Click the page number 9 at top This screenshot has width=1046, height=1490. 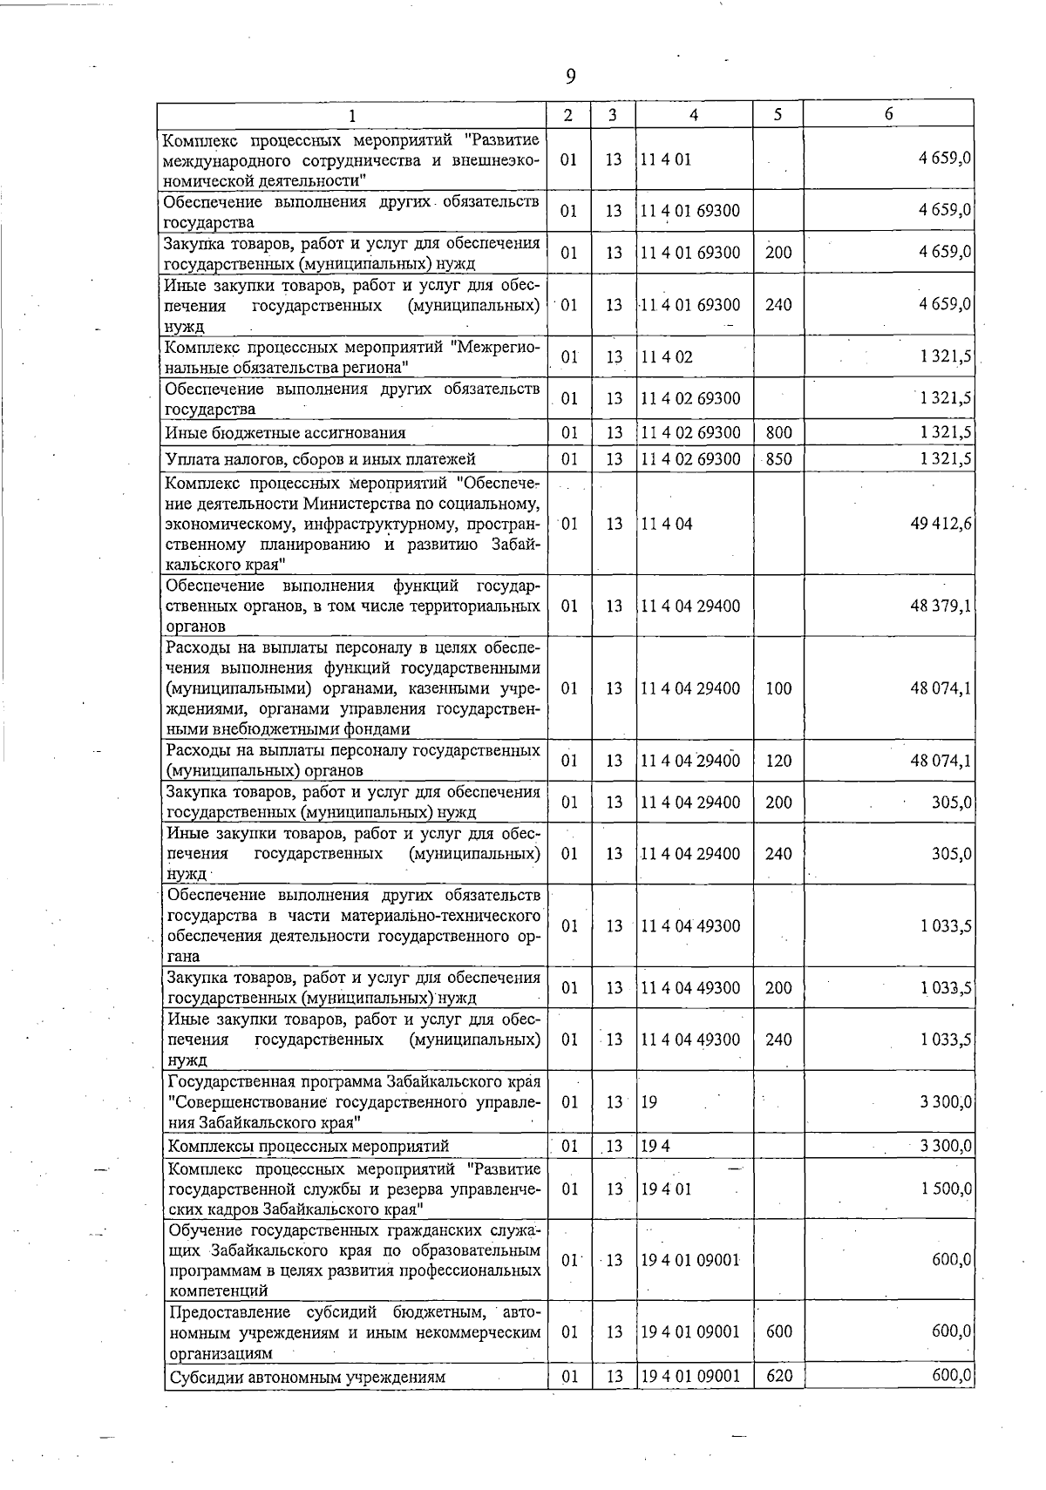tap(570, 78)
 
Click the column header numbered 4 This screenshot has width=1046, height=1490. tap(693, 114)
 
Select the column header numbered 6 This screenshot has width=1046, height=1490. tap(888, 114)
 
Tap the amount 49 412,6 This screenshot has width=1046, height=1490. tap(941, 524)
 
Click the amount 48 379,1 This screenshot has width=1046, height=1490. tap(941, 606)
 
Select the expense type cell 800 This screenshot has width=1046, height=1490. tap(778, 433)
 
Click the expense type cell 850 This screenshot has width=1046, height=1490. tap(778, 459)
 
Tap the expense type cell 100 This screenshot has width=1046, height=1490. tap(778, 688)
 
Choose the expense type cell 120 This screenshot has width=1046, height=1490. tap(778, 761)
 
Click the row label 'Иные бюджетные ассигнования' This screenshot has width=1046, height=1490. tap(286, 433)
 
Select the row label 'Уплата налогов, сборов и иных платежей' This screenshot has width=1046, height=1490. tap(321, 459)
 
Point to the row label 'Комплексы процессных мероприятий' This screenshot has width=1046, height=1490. tap(309, 1146)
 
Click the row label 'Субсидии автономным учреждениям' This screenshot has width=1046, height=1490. tap(307, 1378)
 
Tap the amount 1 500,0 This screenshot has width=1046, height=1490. tap(945, 1189)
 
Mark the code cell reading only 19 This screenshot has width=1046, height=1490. tap(649, 1102)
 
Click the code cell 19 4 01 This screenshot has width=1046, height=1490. tap(667, 1189)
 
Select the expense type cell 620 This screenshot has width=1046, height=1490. tap(778, 1377)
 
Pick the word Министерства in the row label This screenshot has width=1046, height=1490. tap(357, 504)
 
